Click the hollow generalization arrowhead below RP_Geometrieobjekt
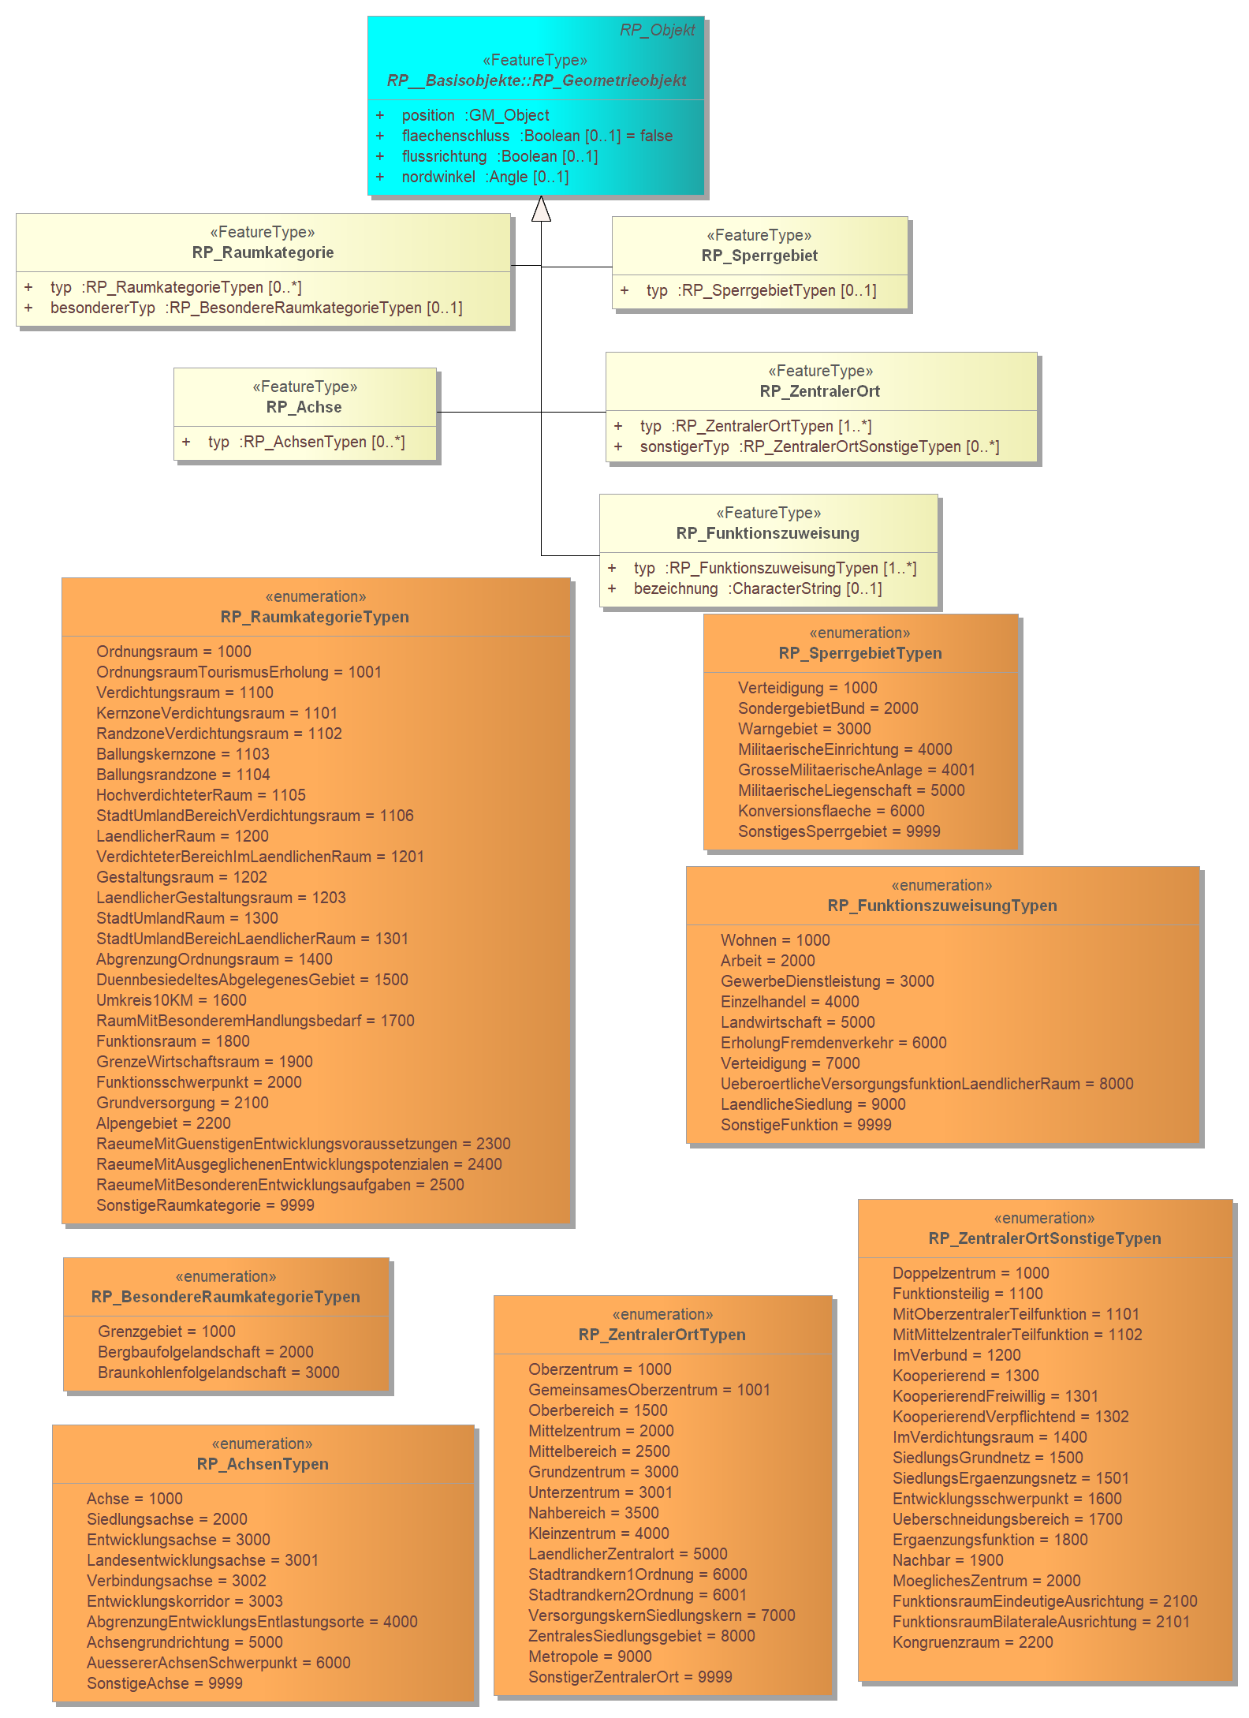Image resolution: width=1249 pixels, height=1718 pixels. point(541,208)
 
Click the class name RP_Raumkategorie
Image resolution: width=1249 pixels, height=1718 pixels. point(263,252)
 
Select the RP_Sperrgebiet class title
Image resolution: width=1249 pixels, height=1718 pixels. point(759,256)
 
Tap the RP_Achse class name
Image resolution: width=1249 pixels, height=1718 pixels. point(304,407)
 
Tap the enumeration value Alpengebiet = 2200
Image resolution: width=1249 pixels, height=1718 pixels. point(163,1123)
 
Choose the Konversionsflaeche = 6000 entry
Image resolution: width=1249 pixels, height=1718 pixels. point(831,811)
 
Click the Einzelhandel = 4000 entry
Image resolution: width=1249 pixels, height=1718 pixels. point(790,1002)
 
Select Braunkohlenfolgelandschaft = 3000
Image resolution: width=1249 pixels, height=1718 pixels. point(218,1373)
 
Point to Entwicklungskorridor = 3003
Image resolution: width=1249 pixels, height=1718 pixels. point(185,1601)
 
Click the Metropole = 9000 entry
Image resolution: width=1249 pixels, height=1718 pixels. point(590,1656)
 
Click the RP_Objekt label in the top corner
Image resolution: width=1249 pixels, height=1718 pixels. point(657,30)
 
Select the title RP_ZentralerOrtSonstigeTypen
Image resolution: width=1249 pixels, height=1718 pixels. point(1045,1238)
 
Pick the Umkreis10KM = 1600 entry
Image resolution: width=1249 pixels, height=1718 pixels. point(171,1000)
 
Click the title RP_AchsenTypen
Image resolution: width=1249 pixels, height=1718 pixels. point(263,1464)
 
